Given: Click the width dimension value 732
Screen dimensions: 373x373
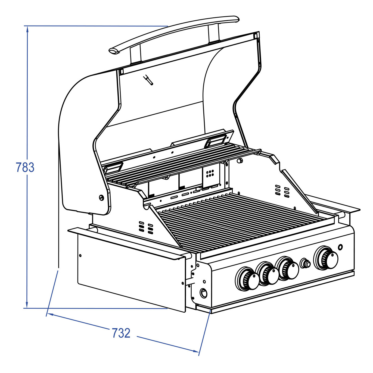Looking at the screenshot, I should [121, 333].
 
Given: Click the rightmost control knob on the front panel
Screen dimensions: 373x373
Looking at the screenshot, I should [326, 258].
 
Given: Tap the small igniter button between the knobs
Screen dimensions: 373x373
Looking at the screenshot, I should [305, 263].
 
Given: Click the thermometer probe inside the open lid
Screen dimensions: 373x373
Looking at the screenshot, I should [148, 80].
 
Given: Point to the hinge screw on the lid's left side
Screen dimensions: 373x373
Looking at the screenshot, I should [101, 198].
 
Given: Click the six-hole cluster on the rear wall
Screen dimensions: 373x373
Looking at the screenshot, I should [210, 174].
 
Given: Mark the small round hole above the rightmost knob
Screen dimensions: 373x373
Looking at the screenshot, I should [340, 247].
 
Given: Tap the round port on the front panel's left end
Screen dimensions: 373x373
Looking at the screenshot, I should [203, 293].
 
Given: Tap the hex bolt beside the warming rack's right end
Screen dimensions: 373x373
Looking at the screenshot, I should [240, 161].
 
